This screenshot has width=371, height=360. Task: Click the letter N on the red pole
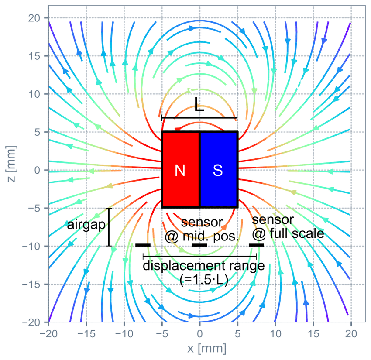180,170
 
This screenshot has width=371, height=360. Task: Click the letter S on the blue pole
218,170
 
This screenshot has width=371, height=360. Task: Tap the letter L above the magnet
199,104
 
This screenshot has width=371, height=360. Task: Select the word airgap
86,225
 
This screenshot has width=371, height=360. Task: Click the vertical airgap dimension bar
109,227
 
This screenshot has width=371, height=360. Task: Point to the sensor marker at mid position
199,245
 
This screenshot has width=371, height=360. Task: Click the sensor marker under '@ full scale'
256,245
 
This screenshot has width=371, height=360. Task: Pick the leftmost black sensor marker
143,245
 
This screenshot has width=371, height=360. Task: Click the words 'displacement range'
203,266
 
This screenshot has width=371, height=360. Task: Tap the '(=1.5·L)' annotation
204,280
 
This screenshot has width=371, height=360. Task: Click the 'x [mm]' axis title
207,349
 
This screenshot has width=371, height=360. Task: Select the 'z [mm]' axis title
11,164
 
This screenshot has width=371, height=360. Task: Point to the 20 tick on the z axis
34,18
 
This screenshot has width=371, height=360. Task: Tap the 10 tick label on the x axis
275,334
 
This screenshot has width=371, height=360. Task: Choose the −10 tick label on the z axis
31,246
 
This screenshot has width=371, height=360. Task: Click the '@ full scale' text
288,234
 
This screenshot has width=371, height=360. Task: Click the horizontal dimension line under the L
199,117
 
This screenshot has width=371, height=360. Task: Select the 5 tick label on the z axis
38,132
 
